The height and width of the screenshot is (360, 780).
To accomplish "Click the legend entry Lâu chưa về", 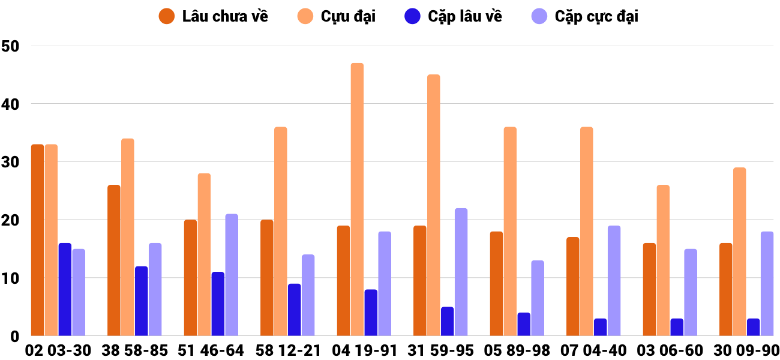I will [x=214, y=16].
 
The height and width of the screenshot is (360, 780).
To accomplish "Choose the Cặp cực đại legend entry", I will [x=585, y=16].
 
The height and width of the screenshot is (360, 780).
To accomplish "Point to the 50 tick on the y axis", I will [x=11, y=46].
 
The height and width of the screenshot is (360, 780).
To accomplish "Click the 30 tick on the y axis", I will [x=11, y=162].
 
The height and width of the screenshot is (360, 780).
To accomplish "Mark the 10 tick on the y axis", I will [x=11, y=278].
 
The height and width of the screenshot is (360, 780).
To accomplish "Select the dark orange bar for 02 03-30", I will [x=37, y=240].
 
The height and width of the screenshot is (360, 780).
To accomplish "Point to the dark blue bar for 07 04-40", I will [x=600, y=327].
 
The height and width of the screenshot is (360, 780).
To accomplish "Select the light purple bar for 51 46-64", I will [x=232, y=275].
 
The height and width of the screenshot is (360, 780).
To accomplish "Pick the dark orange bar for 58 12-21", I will [x=266, y=278].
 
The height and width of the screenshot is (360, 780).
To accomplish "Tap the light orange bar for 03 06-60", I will [x=663, y=260].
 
